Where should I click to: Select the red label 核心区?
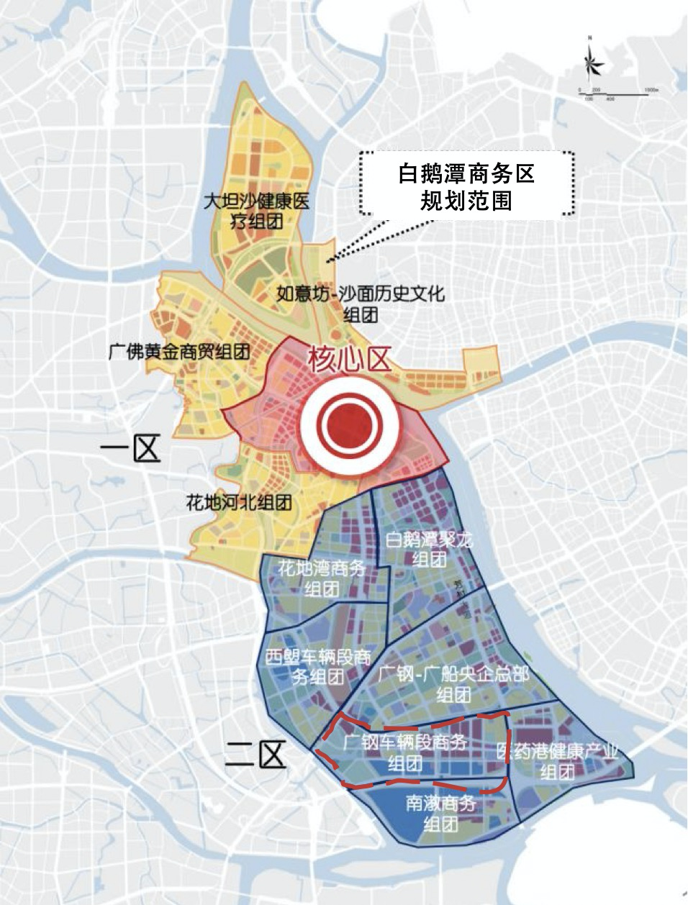(350, 359)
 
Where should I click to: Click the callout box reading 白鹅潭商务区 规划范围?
(467, 185)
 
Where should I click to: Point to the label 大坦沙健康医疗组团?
(256, 211)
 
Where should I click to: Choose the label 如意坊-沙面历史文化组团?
(361, 304)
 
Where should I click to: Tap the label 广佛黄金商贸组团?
(179, 352)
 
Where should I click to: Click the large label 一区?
(130, 450)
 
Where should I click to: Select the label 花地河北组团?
(239, 502)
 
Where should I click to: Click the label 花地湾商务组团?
(322, 579)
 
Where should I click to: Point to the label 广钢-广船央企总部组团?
(453, 684)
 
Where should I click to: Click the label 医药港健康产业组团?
(558, 762)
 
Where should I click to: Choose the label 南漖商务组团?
(441, 813)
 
